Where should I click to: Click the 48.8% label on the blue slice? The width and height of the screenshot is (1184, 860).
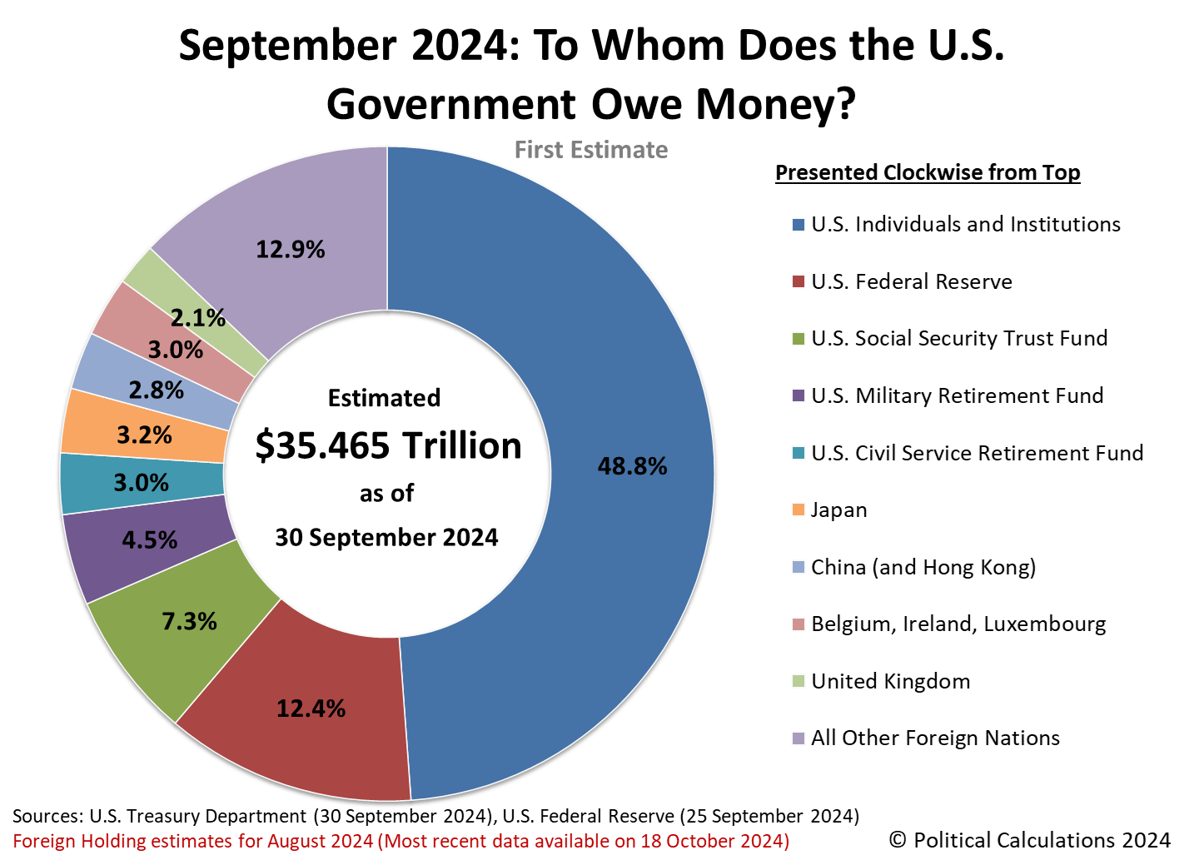click(x=632, y=466)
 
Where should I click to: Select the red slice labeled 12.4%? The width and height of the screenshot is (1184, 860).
click(x=311, y=708)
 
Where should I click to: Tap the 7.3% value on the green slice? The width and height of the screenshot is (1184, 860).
click(x=189, y=621)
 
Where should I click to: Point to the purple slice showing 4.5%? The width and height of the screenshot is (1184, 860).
click(x=150, y=540)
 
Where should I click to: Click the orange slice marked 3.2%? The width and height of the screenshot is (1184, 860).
click(x=144, y=435)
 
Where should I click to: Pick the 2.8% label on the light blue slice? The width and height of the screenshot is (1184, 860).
click(x=156, y=390)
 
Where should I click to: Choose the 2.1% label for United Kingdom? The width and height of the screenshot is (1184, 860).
click(x=198, y=317)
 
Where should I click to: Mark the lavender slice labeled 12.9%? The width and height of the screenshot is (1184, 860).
click(x=290, y=249)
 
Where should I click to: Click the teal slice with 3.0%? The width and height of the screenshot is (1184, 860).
click(x=141, y=483)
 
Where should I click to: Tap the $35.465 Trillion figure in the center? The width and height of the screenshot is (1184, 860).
click(x=388, y=445)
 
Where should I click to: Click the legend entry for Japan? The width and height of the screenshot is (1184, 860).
click(x=838, y=510)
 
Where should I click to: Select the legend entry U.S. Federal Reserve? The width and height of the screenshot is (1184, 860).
click(x=911, y=281)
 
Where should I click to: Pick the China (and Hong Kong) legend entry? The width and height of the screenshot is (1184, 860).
click(x=923, y=567)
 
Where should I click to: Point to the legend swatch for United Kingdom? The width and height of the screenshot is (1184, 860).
click(x=798, y=681)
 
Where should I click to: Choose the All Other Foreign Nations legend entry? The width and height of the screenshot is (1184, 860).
click(x=934, y=738)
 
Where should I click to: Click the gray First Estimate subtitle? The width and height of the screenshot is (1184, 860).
click(x=591, y=150)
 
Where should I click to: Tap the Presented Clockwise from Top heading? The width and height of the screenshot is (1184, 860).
click(x=928, y=172)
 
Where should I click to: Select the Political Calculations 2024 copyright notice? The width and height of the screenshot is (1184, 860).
click(x=1030, y=839)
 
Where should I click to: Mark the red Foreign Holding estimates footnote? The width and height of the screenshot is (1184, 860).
click(x=400, y=841)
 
